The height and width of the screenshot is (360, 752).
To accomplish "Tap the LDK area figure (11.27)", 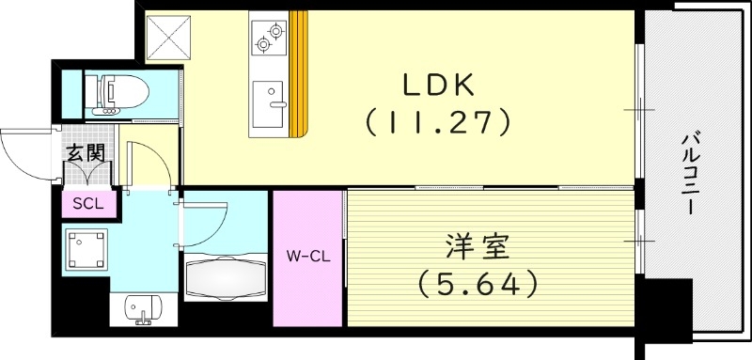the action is click(438, 119).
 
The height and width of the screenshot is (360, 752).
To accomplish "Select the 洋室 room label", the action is click(477, 249).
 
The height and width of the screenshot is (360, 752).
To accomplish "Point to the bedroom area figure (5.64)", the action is click(477, 281).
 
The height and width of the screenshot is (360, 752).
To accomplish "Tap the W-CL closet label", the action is click(308, 254).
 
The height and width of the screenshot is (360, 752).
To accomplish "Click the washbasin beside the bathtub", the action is click(140, 309).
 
